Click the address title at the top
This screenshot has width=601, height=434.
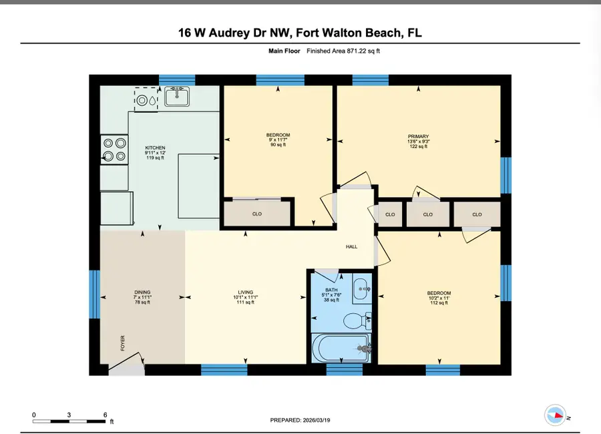pyautogui.click(x=300, y=33)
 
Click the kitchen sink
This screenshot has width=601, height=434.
pyautogui.click(x=177, y=98)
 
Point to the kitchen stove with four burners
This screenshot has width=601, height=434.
pyautogui.click(x=114, y=150)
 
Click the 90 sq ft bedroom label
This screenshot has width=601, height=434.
pyautogui.click(x=278, y=140)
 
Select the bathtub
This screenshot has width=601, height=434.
pyautogui.click(x=339, y=348)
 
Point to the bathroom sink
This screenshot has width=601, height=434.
pyautogui.click(x=361, y=288)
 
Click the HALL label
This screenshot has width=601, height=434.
pyautogui.click(x=351, y=247)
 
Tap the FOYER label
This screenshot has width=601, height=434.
pyautogui.click(x=122, y=343)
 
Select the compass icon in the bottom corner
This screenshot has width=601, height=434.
pyautogui.click(x=555, y=415)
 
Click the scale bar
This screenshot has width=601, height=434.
pyautogui.click(x=69, y=421)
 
